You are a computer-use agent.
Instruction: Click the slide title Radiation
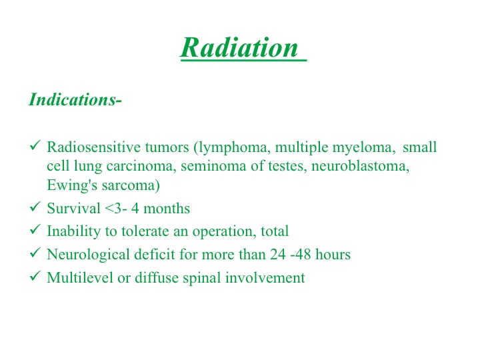click(x=239, y=47)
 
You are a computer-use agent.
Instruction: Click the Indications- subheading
click(x=75, y=99)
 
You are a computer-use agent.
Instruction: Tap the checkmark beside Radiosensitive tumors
click(x=35, y=145)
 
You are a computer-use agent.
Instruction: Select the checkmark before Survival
click(x=35, y=206)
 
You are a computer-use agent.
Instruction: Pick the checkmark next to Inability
click(x=35, y=229)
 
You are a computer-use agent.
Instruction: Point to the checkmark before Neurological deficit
click(x=35, y=252)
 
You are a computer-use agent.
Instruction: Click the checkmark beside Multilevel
click(x=35, y=275)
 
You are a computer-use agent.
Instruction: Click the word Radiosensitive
click(x=93, y=147)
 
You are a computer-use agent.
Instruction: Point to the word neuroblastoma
click(x=360, y=166)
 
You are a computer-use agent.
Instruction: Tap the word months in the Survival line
click(x=167, y=209)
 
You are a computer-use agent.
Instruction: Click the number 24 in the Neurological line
click(x=278, y=255)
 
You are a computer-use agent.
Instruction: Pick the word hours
click(x=333, y=255)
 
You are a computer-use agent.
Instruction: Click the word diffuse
click(x=157, y=277)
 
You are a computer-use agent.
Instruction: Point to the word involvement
click(x=265, y=277)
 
